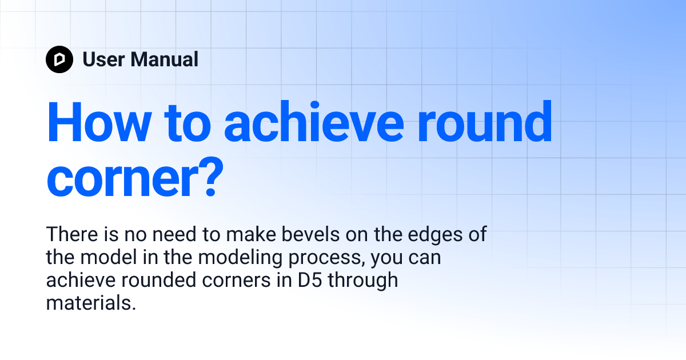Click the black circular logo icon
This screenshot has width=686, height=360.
59,59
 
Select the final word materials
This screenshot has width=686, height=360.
91,303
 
